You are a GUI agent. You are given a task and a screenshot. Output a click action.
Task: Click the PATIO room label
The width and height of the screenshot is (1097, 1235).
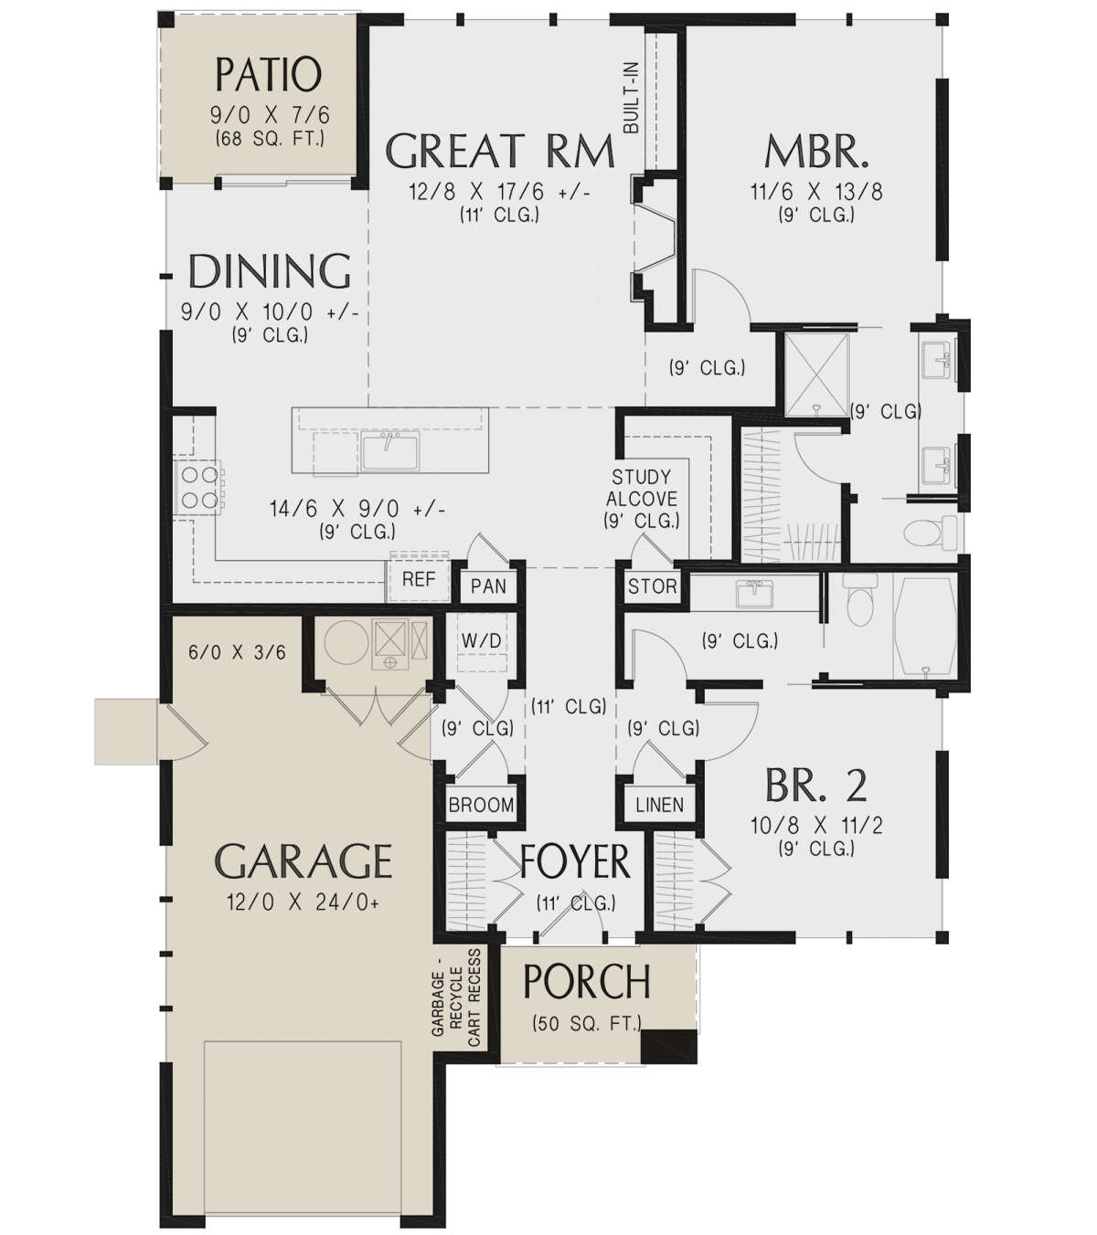pos(268,75)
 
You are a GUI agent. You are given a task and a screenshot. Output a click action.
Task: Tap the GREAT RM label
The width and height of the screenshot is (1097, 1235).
pos(499,152)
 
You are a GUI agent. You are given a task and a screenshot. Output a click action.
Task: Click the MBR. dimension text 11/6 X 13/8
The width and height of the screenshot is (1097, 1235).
pos(816,192)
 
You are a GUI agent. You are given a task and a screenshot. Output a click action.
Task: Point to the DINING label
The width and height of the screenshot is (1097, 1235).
pos(269,272)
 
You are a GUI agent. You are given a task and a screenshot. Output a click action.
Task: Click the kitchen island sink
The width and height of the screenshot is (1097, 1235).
pos(390,450)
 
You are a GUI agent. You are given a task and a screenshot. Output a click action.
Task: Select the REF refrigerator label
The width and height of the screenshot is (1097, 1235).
pos(419,579)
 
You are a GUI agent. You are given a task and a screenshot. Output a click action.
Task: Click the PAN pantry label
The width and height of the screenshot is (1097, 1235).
pos(488,586)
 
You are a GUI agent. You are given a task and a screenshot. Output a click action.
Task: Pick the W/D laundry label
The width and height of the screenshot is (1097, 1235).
pos(481,641)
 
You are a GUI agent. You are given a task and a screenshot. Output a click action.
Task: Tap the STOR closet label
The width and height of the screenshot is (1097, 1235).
pos(653,586)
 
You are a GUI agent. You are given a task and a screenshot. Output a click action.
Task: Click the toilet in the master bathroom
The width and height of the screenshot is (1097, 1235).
pos(925,532)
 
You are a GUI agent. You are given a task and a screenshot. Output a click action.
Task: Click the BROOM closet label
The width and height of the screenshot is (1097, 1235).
pos(481,805)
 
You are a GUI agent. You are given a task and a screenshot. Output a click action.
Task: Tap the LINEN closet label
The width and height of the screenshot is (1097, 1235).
pos(659,805)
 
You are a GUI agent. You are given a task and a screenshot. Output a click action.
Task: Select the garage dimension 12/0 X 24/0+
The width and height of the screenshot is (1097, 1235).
pos(303,902)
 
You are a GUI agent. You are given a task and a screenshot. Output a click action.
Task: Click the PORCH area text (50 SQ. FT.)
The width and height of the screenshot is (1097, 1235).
pos(586,1024)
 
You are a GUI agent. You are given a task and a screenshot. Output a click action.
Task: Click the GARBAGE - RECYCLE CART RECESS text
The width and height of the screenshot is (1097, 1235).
pos(455,997)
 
